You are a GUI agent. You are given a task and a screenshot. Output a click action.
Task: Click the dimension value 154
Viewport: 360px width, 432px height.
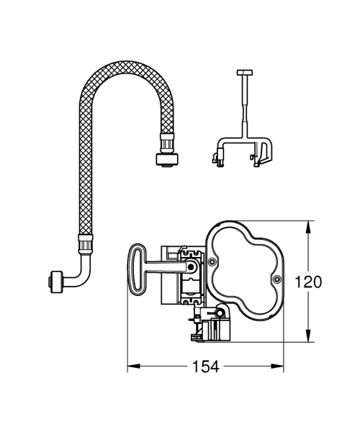[205, 366]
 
